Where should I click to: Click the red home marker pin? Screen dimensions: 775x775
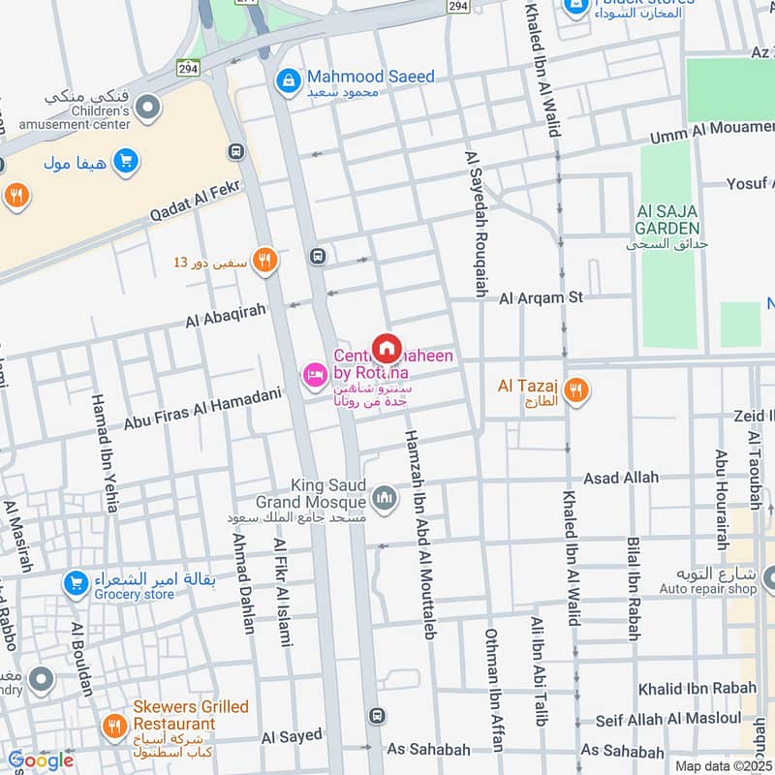pos(387,348)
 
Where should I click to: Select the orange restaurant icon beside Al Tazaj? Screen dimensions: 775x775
pos(576,390)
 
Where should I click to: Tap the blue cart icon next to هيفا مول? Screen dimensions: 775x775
pos(124,162)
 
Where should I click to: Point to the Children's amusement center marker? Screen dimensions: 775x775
pos(147,108)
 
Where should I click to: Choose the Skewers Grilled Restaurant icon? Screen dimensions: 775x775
pos(113,725)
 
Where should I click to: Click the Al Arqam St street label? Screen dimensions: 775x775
pos(541,298)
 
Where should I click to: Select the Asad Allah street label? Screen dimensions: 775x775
pos(620,478)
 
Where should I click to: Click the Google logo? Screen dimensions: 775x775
pos(41,760)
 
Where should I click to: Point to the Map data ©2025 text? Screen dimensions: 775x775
pos(723,765)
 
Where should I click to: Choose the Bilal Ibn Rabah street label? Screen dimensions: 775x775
pos(633,589)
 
